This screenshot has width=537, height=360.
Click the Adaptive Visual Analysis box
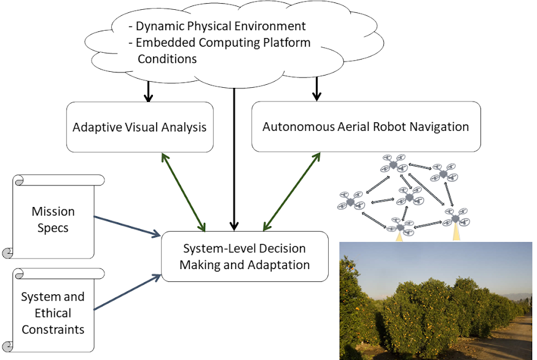[x=139, y=127]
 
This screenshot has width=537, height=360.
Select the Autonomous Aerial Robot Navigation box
[x=366, y=127]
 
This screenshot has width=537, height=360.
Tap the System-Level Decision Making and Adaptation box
[x=244, y=257]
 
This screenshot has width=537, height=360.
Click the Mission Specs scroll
[x=53, y=219]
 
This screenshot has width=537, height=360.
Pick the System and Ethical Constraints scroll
[x=53, y=312]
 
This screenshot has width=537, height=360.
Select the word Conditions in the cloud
[x=167, y=59]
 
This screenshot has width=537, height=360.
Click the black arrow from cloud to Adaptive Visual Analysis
[x=147, y=91]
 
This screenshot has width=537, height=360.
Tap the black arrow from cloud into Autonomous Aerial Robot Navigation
[x=316, y=88]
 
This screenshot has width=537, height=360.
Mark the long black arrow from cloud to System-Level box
[x=233, y=160]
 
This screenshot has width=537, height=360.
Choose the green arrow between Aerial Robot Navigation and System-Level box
[x=292, y=191]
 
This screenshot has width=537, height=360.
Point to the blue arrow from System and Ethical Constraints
[x=126, y=292]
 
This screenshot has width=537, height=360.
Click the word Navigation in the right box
[x=437, y=127]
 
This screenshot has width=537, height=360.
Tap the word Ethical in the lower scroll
[x=53, y=313]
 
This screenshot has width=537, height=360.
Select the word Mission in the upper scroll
[x=53, y=211]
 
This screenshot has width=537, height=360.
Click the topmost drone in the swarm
[x=394, y=163]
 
